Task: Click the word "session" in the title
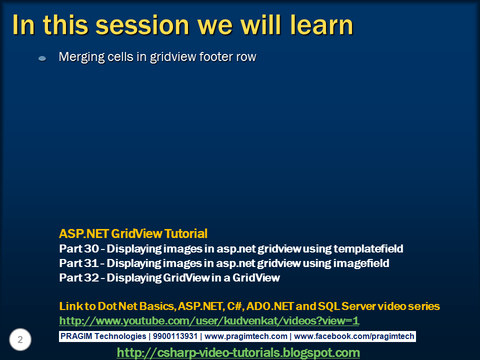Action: coord(142,25)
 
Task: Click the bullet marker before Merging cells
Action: coord(42,58)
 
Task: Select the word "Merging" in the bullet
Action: coord(77,57)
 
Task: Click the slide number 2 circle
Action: coord(20,339)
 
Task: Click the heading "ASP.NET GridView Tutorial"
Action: coord(133,233)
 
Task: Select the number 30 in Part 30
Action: coord(91,248)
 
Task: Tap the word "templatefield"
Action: coord(368,248)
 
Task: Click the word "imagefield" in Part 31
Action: coord(361,263)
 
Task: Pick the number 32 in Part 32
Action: coord(91,277)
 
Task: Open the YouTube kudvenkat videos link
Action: coord(209,320)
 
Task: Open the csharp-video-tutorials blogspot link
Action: coord(238,352)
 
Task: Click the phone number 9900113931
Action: coord(175,336)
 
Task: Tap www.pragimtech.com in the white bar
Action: coord(246,336)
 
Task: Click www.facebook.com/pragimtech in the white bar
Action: coord(354,336)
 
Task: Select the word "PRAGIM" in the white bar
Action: coord(76,336)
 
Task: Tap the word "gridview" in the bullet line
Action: coord(173,57)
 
